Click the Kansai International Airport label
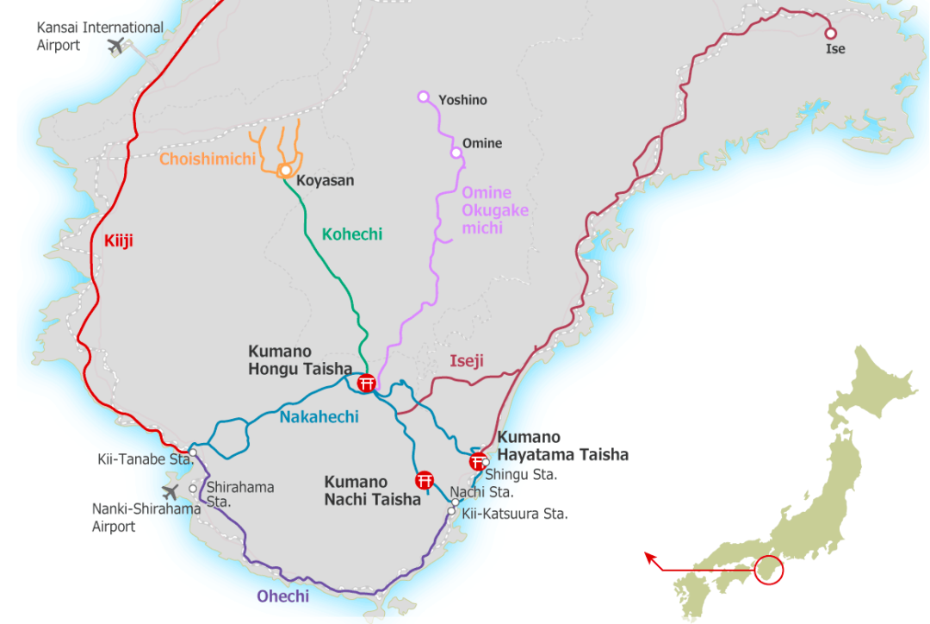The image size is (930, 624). tap(99, 36)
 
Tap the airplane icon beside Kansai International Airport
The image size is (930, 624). tap(116, 46)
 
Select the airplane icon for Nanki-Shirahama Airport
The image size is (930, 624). tap(170, 491)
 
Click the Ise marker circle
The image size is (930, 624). tap(831, 34)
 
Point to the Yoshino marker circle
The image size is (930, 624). tap(423, 97)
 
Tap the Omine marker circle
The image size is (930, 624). tap(456, 153)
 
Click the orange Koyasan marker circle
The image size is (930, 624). tap(285, 171)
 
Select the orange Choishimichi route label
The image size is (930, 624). tap(208, 159)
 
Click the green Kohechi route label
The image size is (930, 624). tap(351, 234)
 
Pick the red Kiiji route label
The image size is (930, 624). tap(119, 241)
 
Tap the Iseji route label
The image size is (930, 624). tap(467, 361)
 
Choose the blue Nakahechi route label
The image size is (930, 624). tap(319, 417)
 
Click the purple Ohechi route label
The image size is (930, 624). tap(282, 596)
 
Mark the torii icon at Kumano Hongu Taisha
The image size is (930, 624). tap(366, 383)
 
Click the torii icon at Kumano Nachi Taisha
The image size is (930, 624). tap(424, 480)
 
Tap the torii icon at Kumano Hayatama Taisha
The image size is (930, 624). tap(477, 461)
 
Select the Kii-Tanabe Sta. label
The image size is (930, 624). tap(145, 459)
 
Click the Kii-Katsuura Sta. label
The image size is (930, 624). tap(515, 514)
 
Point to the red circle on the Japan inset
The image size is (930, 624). tap(768, 569)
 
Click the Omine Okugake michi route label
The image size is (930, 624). tap(495, 210)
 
